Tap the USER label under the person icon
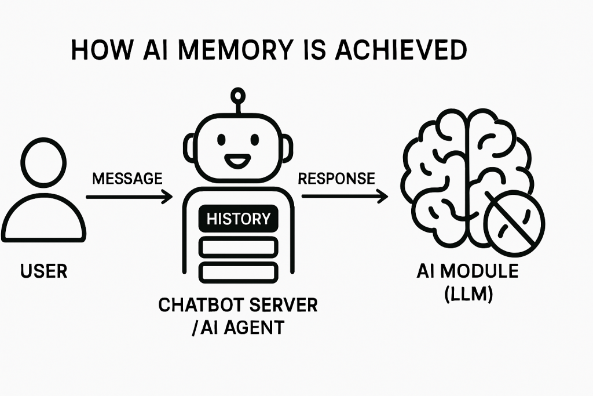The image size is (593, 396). pos(43,270)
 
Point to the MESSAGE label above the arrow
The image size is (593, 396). pos(127,179)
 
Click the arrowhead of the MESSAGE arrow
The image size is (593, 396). pos(168,197)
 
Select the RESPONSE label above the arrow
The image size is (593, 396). pos(336,179)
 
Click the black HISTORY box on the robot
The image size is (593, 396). pos(239,219)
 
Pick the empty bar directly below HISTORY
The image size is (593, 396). pos(239,247)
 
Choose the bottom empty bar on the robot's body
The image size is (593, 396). pos(239,271)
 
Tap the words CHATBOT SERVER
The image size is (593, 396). pos(239,306)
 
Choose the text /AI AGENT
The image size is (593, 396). pos(239,327)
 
